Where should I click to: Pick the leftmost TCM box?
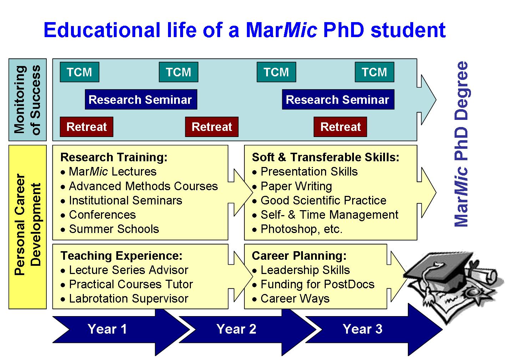tap(80, 72)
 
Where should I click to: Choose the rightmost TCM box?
tap(374, 72)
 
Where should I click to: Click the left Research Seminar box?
tap(141, 100)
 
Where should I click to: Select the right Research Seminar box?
tap(338, 100)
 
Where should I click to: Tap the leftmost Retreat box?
tap(86, 127)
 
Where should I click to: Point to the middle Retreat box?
tap(212, 127)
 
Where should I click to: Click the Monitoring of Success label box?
tap(27, 100)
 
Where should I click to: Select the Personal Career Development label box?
tap(27, 227)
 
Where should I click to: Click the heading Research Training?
tap(114, 157)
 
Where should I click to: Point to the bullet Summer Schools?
tap(110, 229)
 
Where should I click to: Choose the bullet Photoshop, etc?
tap(297, 229)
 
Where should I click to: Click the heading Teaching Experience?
tap(121, 256)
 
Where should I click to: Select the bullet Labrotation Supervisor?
tap(125, 299)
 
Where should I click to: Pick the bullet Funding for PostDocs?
tap(313, 284)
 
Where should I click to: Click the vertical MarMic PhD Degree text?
tap(462, 144)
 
